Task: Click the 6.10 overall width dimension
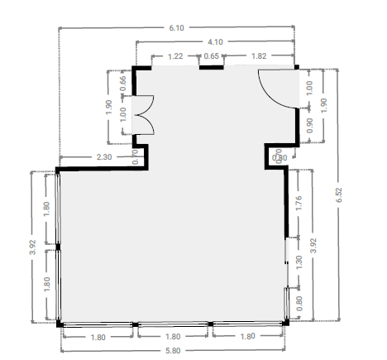(176, 28)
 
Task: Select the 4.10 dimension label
(215, 42)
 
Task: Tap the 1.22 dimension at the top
(175, 56)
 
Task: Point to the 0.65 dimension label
(212, 56)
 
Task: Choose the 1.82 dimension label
(259, 56)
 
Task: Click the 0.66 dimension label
(123, 84)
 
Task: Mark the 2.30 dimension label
(104, 157)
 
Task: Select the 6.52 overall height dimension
(339, 195)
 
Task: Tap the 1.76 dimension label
(299, 203)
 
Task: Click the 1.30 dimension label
(299, 263)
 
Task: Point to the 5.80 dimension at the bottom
(173, 351)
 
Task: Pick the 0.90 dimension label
(310, 126)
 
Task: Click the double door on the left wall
(143, 115)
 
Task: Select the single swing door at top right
(279, 89)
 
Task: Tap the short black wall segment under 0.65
(212, 67)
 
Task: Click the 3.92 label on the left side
(32, 247)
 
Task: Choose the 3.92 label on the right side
(313, 246)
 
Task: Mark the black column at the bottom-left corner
(60, 324)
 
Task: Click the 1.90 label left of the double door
(109, 108)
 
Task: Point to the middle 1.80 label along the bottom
(173, 337)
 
